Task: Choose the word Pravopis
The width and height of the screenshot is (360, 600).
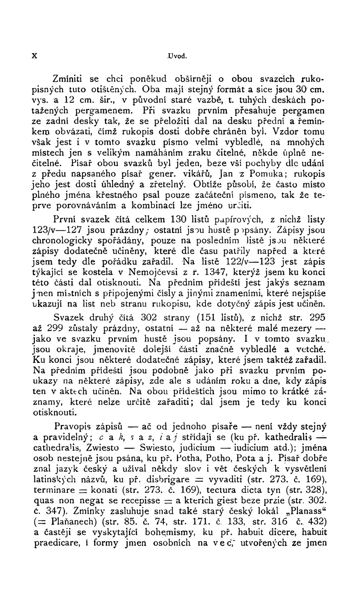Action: tap(73, 427)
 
